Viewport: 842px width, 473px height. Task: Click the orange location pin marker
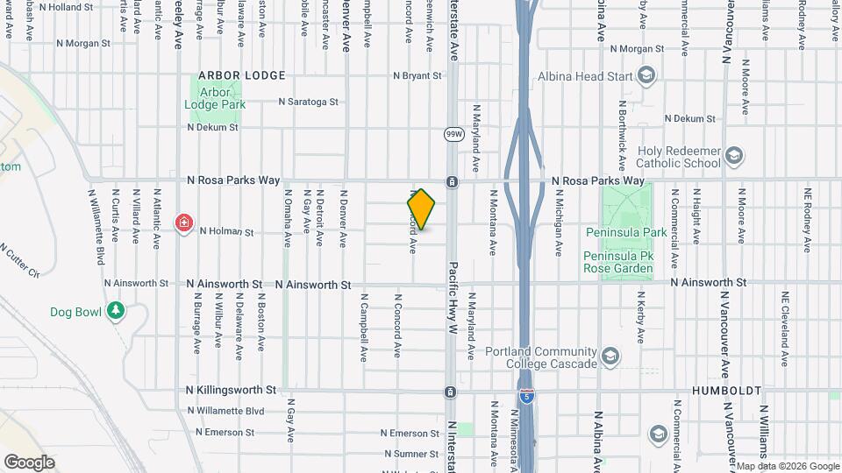click(x=422, y=208)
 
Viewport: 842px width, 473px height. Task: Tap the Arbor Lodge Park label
click(x=215, y=97)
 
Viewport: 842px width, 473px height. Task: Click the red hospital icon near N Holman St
click(x=184, y=222)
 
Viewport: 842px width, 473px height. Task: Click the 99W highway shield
click(x=453, y=134)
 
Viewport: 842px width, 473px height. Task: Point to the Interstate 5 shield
click(x=526, y=396)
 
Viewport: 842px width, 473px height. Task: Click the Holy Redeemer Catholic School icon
click(x=735, y=157)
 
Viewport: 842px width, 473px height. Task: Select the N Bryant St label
click(x=417, y=76)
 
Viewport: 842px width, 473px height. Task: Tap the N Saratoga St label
click(x=309, y=102)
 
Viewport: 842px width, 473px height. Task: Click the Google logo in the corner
click(x=29, y=462)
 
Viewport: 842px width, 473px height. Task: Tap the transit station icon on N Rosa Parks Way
click(x=452, y=181)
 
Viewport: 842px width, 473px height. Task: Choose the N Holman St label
click(x=226, y=232)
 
